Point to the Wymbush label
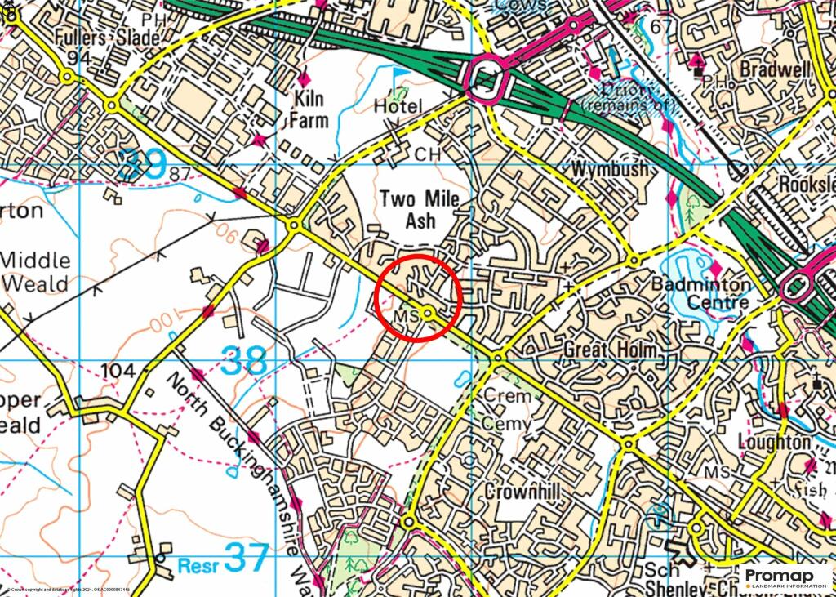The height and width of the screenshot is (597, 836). (x=610, y=170)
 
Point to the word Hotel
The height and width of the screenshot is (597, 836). (x=398, y=106)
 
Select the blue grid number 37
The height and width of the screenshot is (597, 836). (x=246, y=559)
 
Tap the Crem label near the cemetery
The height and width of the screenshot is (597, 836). (x=507, y=395)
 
